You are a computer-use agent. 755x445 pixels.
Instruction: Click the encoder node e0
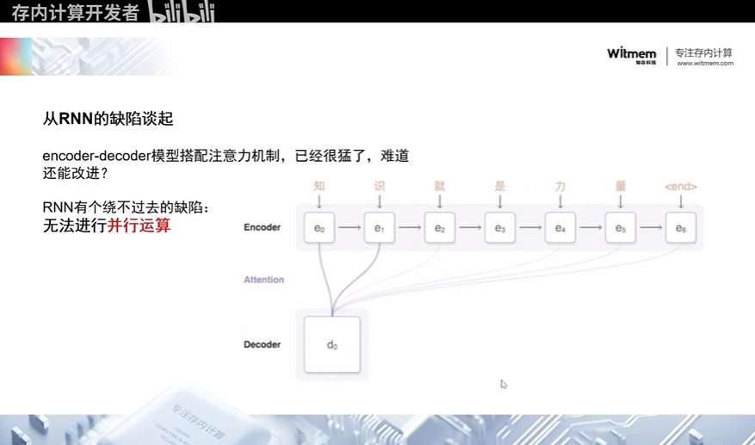point(319,228)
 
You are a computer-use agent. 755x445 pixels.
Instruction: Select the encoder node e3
point(499,228)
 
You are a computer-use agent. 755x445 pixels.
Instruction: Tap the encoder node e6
point(680,228)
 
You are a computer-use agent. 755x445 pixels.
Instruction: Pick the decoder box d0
point(331,344)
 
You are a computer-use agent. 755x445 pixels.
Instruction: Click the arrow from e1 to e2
point(409,228)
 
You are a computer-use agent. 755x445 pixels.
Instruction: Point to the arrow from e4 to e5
point(590,228)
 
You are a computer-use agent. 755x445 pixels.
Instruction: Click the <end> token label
point(680,186)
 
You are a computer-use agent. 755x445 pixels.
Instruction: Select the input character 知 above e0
point(319,186)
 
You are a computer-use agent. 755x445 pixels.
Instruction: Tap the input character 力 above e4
point(560,186)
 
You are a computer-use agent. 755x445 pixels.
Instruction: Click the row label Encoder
point(263,228)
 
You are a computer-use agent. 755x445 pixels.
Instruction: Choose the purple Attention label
point(263,280)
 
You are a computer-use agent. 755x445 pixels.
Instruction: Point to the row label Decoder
point(263,344)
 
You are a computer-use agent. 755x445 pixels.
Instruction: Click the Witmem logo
point(632,53)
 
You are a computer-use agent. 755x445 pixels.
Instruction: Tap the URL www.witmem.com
point(705,63)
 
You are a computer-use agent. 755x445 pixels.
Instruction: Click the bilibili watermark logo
point(182,12)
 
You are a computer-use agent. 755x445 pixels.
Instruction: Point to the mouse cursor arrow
point(504,384)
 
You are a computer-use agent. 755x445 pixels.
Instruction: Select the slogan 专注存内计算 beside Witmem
point(704,52)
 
